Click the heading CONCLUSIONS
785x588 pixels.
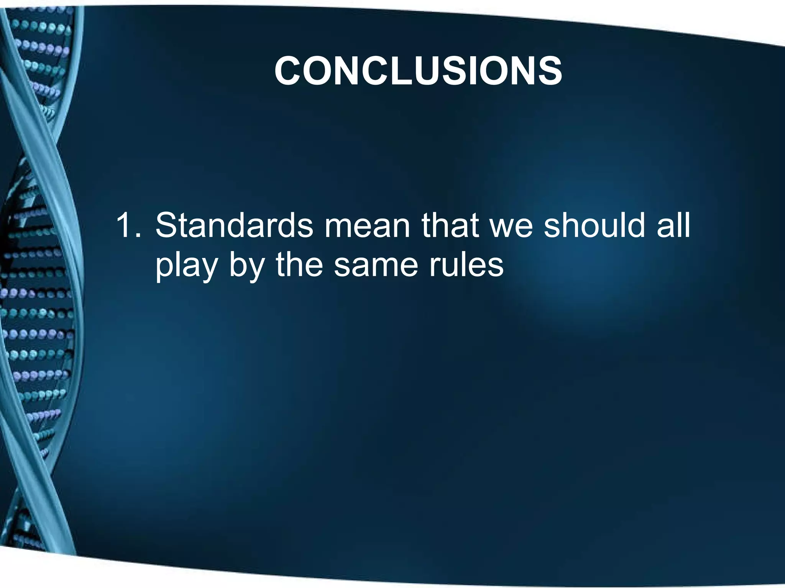[418, 71]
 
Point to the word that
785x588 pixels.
[450, 226]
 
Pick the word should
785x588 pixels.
[594, 226]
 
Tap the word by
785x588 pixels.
[247, 266]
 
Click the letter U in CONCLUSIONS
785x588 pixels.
[434, 71]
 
